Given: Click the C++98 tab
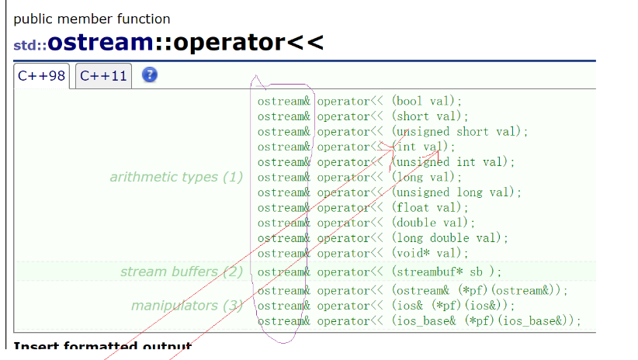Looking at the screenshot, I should tap(42, 76).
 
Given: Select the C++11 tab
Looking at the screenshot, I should tap(103, 76).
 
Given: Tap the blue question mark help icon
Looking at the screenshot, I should tap(150, 74).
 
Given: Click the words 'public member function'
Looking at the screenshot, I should tap(92, 19).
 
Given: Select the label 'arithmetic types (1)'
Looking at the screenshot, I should tap(176, 177).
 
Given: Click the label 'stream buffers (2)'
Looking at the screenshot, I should tap(181, 272).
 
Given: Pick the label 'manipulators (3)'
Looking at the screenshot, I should tap(186, 305).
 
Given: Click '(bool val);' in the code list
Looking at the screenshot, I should tap(426, 101).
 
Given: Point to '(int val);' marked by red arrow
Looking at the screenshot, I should tap(423, 147).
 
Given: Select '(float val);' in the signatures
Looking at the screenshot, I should tap(429, 207).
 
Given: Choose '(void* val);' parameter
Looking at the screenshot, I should tap(429, 253).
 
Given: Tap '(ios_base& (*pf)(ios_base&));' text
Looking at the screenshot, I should tap(486, 320).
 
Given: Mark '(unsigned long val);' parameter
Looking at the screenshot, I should tap(456, 192).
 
